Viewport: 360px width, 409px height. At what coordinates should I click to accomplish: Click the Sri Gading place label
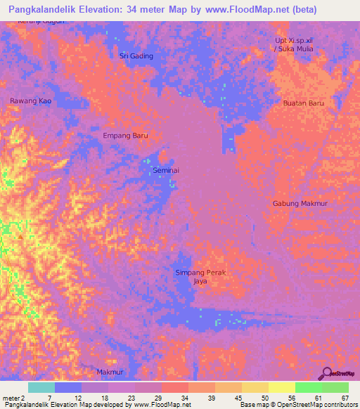pos(136,56)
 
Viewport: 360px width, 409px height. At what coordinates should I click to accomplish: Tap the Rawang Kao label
pos(30,101)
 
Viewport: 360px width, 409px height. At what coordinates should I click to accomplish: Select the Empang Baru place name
pos(125,136)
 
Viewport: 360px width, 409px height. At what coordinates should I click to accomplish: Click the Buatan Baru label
pos(303,103)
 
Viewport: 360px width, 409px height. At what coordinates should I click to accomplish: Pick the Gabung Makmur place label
pos(300,203)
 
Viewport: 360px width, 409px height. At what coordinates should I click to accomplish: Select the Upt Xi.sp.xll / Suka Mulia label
pos(293,45)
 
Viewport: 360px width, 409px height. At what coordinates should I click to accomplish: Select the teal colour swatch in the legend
pos(41,387)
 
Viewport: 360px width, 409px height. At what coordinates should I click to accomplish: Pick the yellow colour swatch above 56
pos(281,387)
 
